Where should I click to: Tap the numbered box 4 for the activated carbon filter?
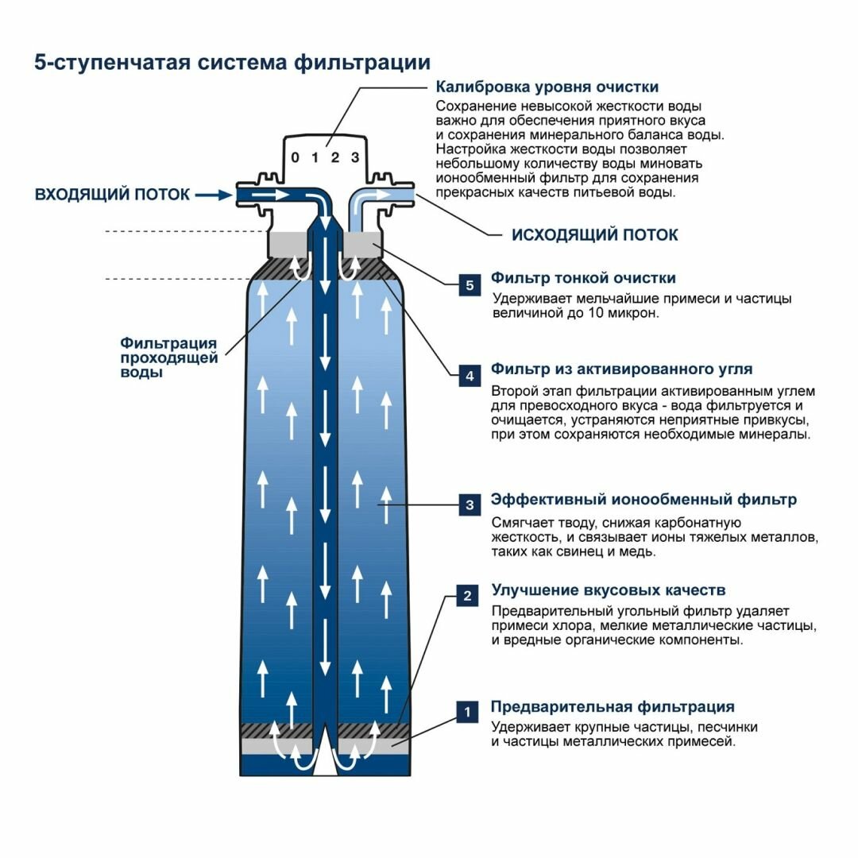coord(469,376)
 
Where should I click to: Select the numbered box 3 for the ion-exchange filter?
coord(469,504)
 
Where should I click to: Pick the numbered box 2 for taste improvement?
coord(468,596)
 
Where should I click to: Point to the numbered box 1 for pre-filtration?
coord(468,712)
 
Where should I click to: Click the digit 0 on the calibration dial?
coord(295,157)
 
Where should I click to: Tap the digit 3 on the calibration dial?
coord(355,157)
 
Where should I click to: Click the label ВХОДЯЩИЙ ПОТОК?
coord(112,195)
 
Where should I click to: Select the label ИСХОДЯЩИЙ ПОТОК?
coord(594,235)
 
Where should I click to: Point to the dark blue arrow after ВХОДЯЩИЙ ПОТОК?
coord(214,194)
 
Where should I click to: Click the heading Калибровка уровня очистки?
coord(547,87)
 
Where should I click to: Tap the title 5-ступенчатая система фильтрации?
coord(232,63)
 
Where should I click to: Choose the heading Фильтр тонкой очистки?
coord(583,278)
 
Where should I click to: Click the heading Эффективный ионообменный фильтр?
coord(643,500)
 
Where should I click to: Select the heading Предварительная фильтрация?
coord(613,707)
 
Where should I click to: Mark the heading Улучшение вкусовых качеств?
coord(608,590)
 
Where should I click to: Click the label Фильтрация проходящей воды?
coord(168,357)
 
